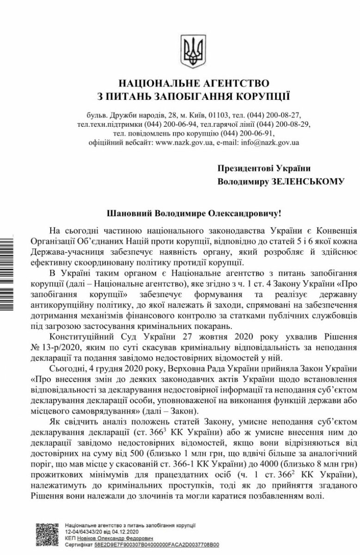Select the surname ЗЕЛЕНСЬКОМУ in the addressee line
305,182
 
